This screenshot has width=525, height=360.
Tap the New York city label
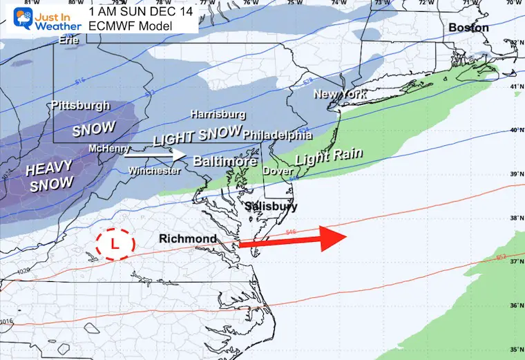coord(338,93)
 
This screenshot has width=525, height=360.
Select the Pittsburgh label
coord(80,106)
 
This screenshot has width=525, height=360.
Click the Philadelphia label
coord(278,135)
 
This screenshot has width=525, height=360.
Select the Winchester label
coord(154,171)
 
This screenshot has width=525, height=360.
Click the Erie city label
coord(68,39)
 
